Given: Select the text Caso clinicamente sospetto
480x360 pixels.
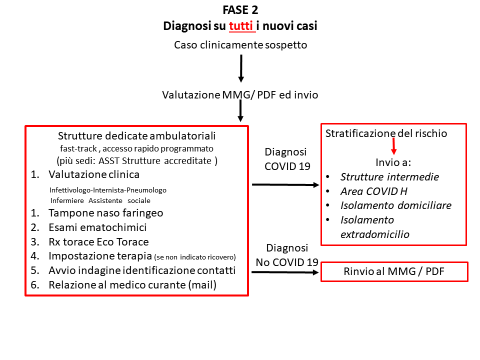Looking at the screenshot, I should pyautogui.click(x=240, y=46).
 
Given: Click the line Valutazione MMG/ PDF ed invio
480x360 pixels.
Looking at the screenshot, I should pyautogui.click(x=240, y=94).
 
